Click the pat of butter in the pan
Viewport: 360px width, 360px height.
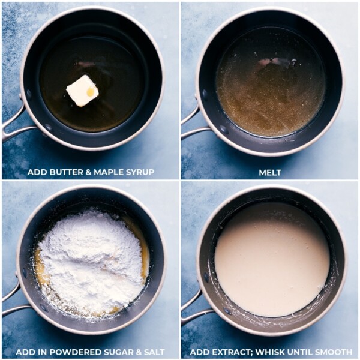(82, 91)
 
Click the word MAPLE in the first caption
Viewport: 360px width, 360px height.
(106, 173)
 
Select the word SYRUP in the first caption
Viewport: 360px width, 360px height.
(139, 173)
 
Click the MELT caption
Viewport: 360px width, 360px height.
(269, 173)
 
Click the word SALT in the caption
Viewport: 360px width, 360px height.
(152, 352)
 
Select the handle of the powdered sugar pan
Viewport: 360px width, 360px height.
(12, 300)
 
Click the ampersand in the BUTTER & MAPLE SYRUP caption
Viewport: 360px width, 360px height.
(86, 173)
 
